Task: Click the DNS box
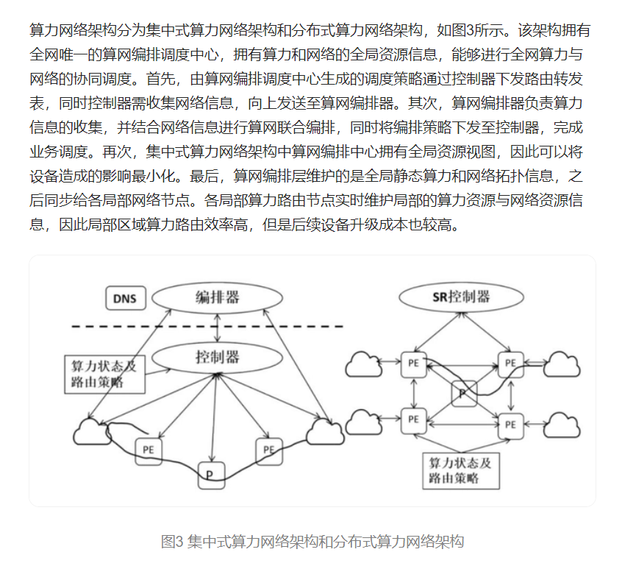[126, 298]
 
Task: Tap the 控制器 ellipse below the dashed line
[218, 358]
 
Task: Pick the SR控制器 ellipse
[460, 297]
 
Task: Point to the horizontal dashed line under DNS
[206, 326]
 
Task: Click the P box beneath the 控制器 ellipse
[211, 474]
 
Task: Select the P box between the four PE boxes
[464, 394]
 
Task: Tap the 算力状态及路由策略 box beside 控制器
[104, 373]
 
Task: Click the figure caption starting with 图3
[312, 542]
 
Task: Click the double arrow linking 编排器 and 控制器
[215, 328]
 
